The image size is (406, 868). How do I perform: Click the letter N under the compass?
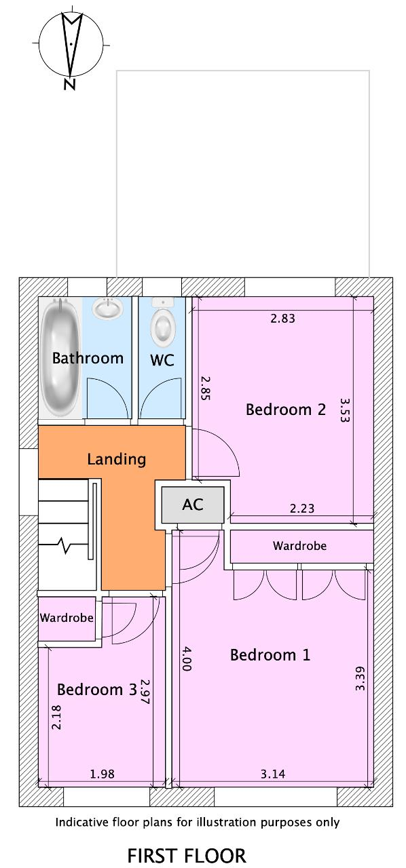click(69, 84)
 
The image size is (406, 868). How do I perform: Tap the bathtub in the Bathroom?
click(61, 357)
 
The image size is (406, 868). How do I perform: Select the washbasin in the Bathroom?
click(107, 309)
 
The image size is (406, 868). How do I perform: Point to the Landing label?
click(117, 459)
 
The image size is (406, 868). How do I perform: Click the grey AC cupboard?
click(193, 505)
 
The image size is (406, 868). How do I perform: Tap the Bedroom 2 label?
click(286, 409)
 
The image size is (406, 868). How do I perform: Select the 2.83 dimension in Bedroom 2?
click(282, 318)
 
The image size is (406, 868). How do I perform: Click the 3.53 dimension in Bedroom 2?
click(345, 410)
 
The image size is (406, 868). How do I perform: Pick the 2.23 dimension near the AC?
click(302, 508)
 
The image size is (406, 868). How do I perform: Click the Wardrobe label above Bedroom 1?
click(299, 546)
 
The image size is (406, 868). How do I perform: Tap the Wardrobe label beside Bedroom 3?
click(67, 617)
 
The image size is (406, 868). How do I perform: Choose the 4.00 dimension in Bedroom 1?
click(186, 658)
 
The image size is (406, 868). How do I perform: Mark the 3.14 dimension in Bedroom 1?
click(272, 774)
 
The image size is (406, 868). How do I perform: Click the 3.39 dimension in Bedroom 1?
click(360, 679)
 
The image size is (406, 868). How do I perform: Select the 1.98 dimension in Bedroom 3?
click(102, 774)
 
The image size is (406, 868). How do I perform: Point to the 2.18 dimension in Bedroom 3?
click(56, 717)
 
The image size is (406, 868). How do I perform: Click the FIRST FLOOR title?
click(187, 856)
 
